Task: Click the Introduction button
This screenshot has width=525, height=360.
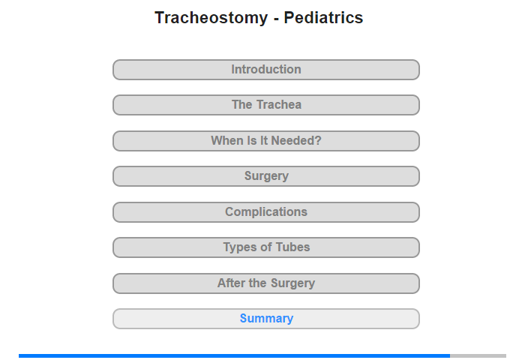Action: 266,70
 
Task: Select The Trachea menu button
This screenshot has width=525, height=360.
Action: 266,105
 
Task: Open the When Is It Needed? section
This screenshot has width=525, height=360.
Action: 266,141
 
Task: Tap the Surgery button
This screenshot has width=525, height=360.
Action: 266,176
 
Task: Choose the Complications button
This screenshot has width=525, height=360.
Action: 266,212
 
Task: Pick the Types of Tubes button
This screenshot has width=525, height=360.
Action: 266,247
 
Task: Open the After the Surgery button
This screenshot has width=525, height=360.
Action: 266,283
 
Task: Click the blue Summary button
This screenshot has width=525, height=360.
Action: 266,319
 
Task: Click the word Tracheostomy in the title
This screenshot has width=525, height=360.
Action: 211,17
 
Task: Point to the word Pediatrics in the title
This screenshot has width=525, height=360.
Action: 323,17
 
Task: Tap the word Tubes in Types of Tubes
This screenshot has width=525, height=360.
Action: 292,247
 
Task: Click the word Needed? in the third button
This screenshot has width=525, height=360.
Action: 296,141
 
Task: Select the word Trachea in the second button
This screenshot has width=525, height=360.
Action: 279,104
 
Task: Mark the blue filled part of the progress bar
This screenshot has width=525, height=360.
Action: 234,355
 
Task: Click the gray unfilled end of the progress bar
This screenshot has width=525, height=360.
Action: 478,355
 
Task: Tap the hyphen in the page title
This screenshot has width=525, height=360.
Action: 276,19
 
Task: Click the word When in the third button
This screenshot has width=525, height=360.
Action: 226,141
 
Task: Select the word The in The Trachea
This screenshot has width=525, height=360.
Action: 242,104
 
